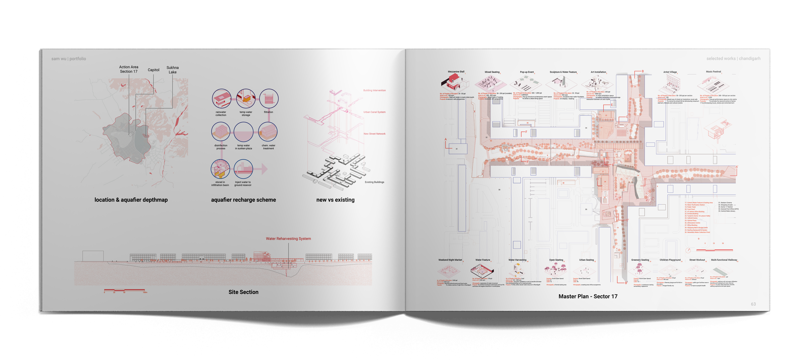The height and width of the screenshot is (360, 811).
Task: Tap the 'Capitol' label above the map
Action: click(154, 70)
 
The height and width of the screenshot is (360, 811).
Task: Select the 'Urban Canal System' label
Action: click(374, 112)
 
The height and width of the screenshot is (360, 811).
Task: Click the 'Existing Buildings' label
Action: click(374, 182)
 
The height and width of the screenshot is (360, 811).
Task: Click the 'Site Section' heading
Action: click(243, 292)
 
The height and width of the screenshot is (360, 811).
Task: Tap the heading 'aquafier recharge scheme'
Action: click(243, 200)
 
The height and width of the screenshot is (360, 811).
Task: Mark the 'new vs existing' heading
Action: click(335, 200)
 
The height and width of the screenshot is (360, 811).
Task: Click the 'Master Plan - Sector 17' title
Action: click(588, 296)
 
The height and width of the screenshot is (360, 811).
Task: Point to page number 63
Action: click(753, 304)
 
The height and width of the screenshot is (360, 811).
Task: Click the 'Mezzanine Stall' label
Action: click(456, 72)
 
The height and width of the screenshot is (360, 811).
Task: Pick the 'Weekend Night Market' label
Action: click(450, 260)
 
